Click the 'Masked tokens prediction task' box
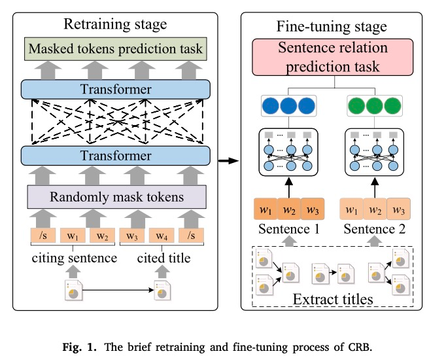(115, 48)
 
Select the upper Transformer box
(115, 89)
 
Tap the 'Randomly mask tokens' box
(115, 196)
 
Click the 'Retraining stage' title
(115, 25)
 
